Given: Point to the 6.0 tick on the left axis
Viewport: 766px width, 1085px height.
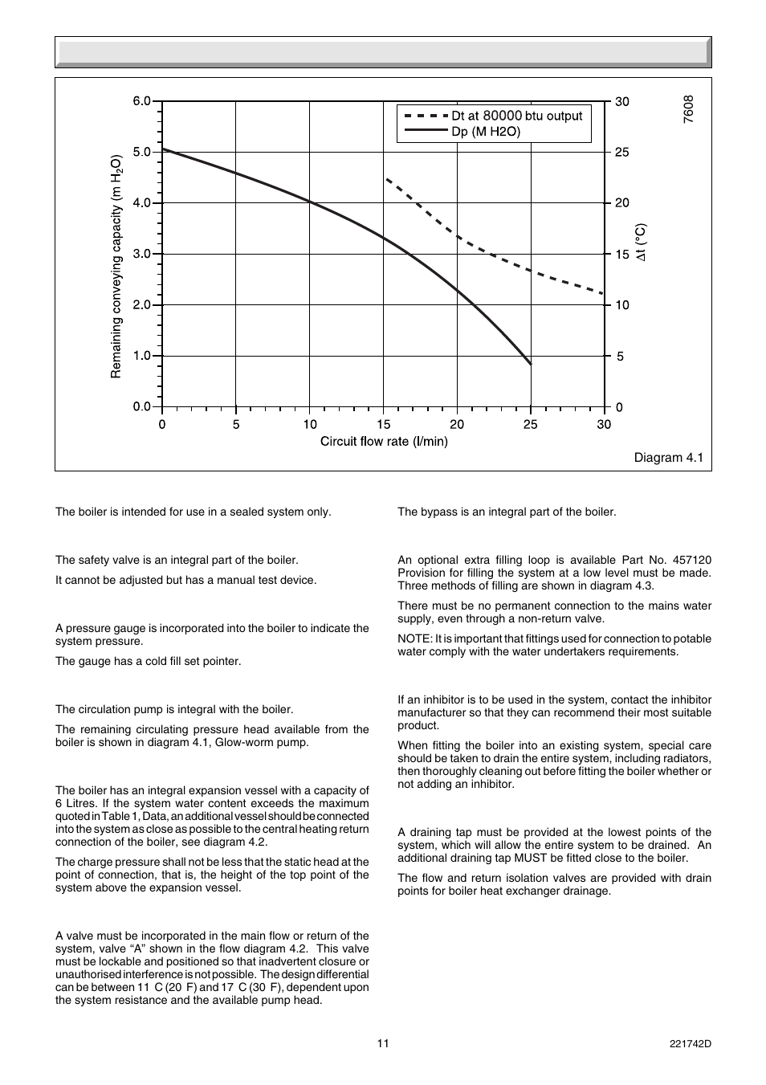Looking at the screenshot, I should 142,101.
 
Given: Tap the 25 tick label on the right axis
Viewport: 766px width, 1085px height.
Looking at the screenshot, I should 621,153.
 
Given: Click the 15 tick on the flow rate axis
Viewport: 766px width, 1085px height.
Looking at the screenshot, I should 383,424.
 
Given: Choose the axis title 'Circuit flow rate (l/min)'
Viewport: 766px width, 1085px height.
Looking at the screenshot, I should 384,441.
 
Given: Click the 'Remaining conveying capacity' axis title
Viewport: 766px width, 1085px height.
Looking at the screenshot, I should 116,266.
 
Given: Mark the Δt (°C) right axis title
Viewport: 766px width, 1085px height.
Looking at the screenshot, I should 640,243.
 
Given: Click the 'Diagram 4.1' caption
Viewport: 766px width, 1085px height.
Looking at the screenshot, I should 668,458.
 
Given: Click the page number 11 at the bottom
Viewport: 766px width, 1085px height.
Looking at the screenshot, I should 383,1043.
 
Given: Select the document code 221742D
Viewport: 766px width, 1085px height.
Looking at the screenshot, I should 690,1043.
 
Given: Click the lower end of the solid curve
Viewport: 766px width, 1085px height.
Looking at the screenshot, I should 530,364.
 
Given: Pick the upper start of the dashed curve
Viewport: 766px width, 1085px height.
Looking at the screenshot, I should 386,178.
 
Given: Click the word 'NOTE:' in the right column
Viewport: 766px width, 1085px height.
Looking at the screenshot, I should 414,638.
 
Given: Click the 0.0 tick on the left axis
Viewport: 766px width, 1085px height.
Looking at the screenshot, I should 142,406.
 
